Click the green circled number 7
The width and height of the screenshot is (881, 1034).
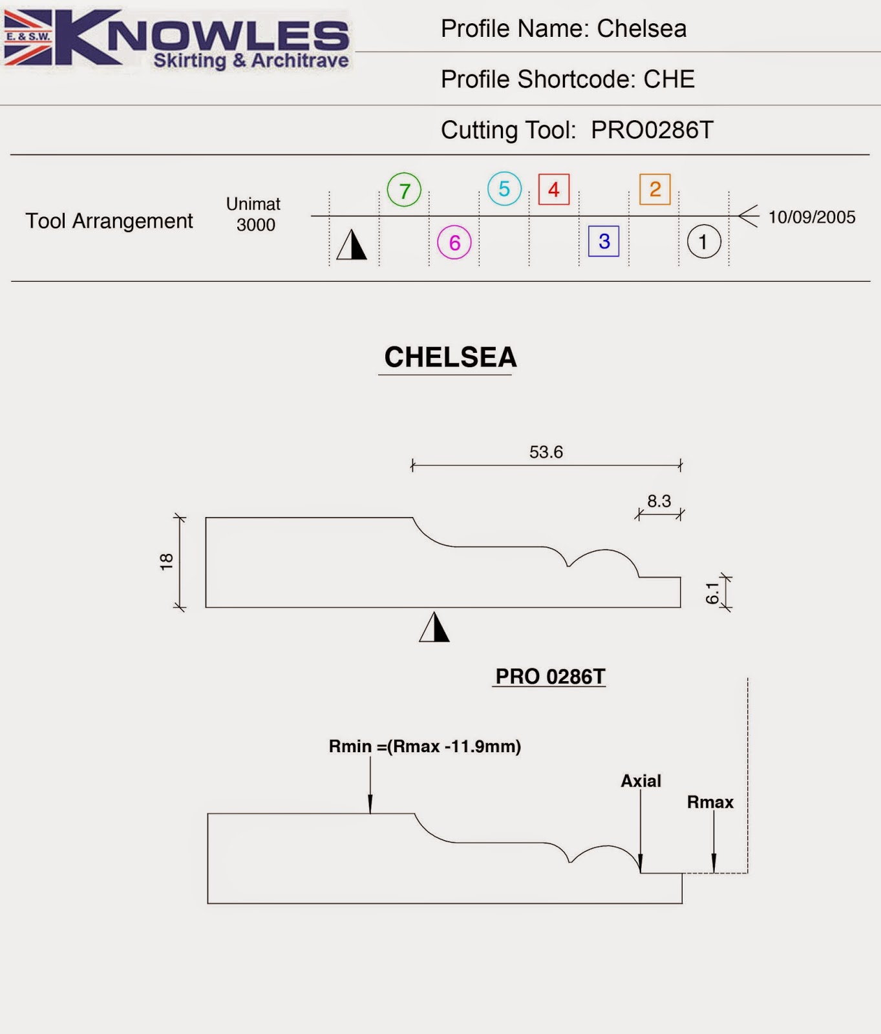point(404,190)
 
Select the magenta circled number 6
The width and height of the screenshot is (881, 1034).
point(454,242)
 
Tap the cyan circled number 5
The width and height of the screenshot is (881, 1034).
point(504,189)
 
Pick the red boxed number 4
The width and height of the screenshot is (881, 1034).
point(554,189)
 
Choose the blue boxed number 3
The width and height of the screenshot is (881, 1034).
point(604,241)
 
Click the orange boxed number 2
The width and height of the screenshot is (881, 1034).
point(655,189)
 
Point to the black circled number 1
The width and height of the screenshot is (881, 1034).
point(703,242)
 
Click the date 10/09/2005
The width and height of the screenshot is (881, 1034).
point(811,217)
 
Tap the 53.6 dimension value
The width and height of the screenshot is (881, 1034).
point(546,452)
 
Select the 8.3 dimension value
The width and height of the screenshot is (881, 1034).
point(659,501)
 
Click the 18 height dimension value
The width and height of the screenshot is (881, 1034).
point(167,561)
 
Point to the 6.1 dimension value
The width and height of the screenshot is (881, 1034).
point(712,593)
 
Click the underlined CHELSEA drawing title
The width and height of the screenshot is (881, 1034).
point(451,357)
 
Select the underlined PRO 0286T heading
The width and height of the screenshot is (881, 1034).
point(550,677)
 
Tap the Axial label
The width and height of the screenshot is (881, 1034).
point(641,781)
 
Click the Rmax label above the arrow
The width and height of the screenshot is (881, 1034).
point(710,802)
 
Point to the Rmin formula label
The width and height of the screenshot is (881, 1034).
point(425,746)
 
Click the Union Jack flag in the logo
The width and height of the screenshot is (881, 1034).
point(28,37)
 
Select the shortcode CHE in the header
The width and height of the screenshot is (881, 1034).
point(669,79)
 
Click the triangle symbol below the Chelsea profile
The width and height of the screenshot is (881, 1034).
point(434,628)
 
